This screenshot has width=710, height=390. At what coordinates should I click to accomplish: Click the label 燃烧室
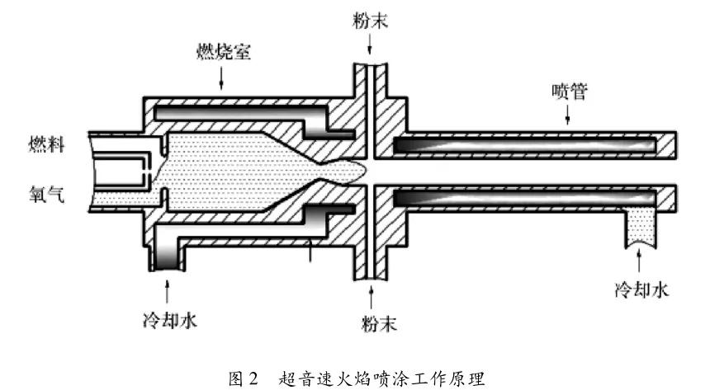223,53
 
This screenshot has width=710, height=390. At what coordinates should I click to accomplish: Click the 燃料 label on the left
41,146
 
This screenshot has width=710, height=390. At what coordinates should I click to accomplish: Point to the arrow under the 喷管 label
568,115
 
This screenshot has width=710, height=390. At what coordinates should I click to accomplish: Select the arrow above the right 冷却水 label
639,262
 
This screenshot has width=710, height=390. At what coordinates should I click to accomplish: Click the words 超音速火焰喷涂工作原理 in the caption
379,378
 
